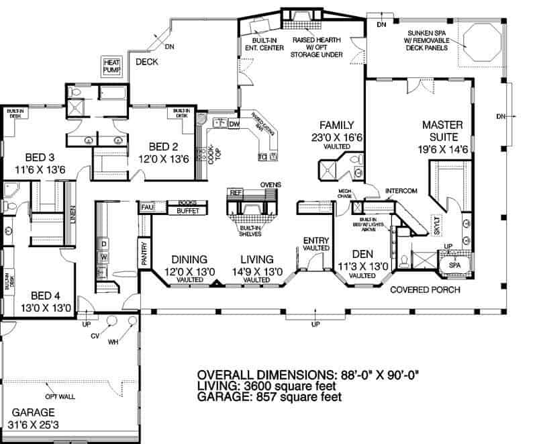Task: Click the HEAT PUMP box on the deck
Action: tap(111, 65)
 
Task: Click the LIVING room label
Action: tap(256, 259)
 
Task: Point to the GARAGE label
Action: tap(38, 412)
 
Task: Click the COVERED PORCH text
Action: tap(425, 290)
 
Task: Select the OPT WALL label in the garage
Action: tap(60, 396)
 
